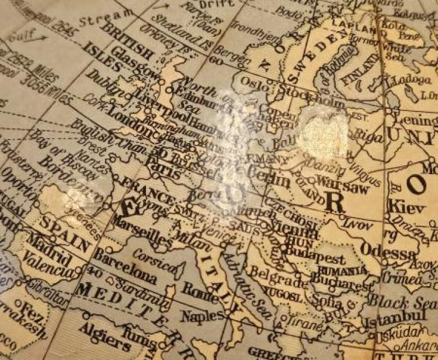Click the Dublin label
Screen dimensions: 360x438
tap(104, 83)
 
